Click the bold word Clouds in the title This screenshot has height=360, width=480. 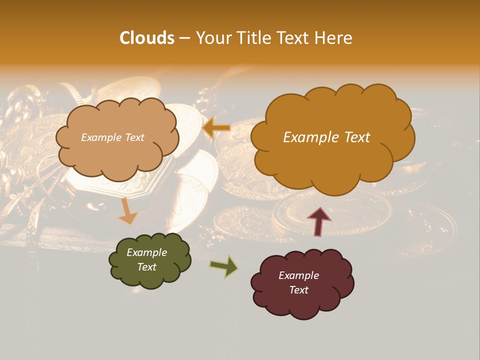pyautogui.click(x=147, y=38)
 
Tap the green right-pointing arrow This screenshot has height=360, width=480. pyautogui.click(x=224, y=266)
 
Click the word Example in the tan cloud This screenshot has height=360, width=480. pyautogui.click(x=101, y=137)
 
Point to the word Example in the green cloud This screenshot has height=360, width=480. pyautogui.click(x=146, y=252)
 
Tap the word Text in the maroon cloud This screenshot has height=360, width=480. pyautogui.click(x=298, y=290)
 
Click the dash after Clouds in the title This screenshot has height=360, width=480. pyautogui.click(x=184, y=38)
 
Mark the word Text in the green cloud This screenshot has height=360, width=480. pyautogui.click(x=146, y=267)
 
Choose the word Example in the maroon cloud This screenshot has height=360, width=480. pyautogui.click(x=298, y=275)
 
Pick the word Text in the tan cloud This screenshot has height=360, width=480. pyautogui.click(x=134, y=137)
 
